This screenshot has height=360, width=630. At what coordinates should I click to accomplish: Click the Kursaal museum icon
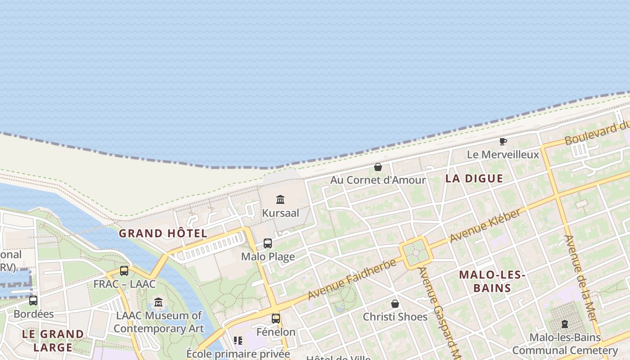point(280,199)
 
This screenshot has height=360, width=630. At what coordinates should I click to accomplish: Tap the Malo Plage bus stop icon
point(268,243)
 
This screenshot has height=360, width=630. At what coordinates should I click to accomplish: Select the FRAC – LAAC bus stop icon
point(124,271)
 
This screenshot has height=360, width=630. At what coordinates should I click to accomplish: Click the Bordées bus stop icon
point(33,301)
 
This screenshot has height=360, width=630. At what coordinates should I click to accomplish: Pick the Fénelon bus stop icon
point(276,319)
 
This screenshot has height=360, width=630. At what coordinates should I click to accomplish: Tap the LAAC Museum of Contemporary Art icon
point(158,302)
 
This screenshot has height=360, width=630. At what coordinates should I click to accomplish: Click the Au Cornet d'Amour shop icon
point(378,167)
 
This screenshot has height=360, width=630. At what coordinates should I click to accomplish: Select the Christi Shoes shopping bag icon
point(395,304)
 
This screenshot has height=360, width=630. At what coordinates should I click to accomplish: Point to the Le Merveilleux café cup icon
point(503,142)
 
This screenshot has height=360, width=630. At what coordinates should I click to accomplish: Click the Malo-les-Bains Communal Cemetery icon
point(565,324)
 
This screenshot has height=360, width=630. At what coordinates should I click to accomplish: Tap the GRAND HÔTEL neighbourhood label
point(163,234)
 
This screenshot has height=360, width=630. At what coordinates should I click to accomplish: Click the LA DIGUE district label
point(474,179)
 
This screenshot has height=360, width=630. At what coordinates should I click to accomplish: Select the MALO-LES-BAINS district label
point(492,281)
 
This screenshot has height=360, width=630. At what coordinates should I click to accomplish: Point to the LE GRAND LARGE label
point(53,341)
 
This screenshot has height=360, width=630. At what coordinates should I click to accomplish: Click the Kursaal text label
point(280,213)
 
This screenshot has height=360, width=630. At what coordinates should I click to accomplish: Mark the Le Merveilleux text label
point(503,155)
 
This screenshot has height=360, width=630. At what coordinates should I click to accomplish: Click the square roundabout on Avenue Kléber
point(415,252)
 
